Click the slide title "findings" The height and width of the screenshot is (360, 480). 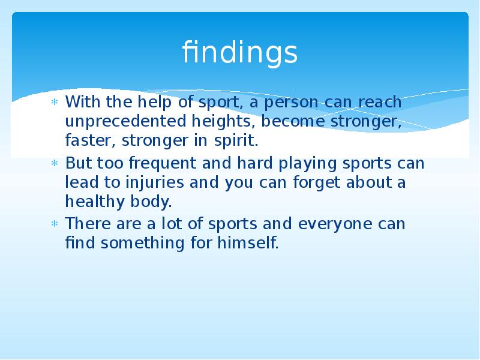click(x=240, y=53)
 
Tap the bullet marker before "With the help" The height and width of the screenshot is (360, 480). click(x=54, y=103)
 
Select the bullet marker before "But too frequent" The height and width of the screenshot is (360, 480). click(x=54, y=164)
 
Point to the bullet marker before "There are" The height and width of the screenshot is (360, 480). click(x=54, y=224)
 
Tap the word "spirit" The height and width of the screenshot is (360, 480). click(x=239, y=142)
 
